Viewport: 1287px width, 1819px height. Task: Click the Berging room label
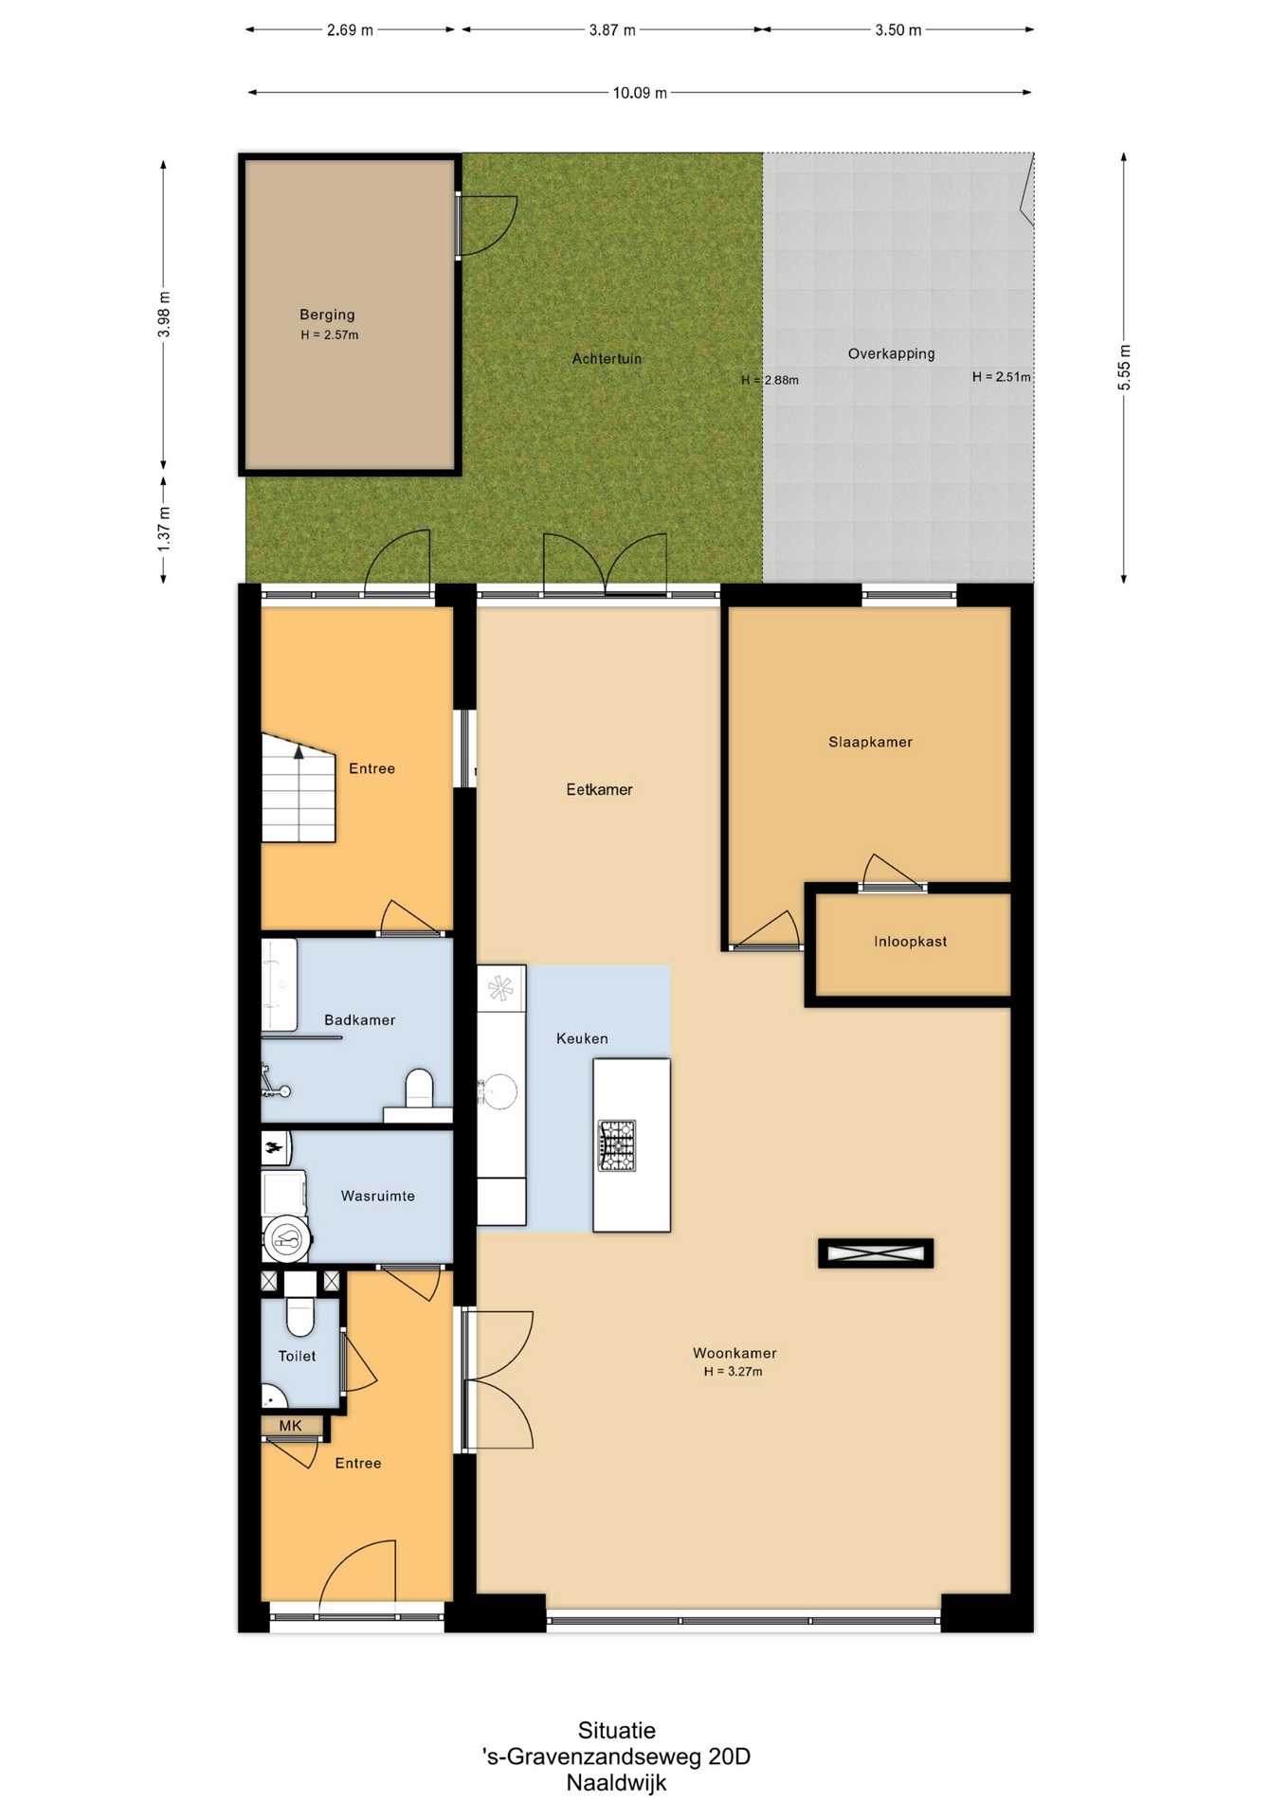click(x=327, y=315)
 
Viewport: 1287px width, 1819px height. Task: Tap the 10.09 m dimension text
click(x=640, y=93)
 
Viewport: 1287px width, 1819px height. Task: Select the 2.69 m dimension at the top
click(x=350, y=30)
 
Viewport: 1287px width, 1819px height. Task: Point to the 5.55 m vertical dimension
click(x=1124, y=368)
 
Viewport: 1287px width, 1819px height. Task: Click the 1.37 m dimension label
click(x=164, y=530)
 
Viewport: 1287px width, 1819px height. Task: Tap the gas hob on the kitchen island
click(x=617, y=1145)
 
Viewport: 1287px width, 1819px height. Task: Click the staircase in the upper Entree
click(x=299, y=788)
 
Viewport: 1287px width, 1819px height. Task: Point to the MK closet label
click(x=290, y=1426)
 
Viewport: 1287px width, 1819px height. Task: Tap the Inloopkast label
click(x=910, y=942)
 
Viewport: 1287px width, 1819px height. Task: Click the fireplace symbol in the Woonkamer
click(x=876, y=1253)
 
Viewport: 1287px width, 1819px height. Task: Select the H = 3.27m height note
click(x=733, y=1372)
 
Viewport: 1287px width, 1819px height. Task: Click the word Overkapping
click(x=891, y=354)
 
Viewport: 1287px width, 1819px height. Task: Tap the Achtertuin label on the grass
click(x=607, y=359)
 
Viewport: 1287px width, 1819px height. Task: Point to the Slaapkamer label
click(x=870, y=743)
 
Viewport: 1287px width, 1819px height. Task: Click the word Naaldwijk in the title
click(x=616, y=1783)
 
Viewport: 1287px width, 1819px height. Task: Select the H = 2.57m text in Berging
click(x=330, y=335)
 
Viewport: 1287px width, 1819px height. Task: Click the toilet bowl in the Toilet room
click(x=299, y=1317)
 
